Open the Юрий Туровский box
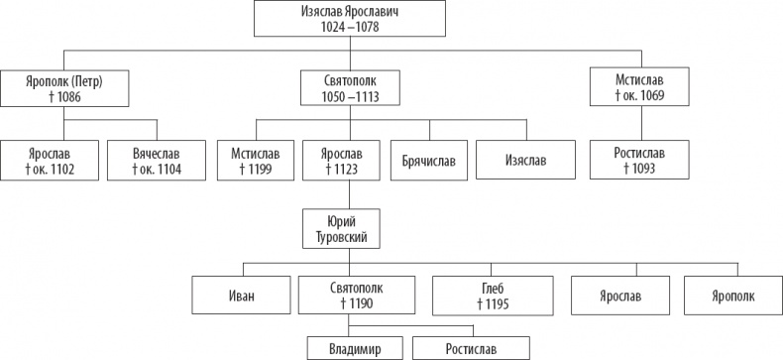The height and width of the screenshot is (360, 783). (341, 228)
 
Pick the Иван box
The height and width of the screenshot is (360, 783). (242, 297)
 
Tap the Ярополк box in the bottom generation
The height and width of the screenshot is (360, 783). (732, 297)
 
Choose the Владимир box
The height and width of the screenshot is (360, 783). (355, 348)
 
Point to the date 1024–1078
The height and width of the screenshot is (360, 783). (338, 28)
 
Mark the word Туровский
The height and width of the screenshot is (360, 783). (341, 236)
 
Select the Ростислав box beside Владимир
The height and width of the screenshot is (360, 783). (470, 348)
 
